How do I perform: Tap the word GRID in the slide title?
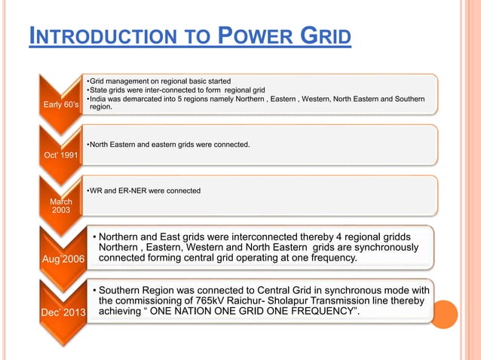tap(325, 35)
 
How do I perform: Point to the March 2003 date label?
tap(60, 206)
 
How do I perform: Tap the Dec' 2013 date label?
tap(63, 312)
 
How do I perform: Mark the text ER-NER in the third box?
tap(135, 191)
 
